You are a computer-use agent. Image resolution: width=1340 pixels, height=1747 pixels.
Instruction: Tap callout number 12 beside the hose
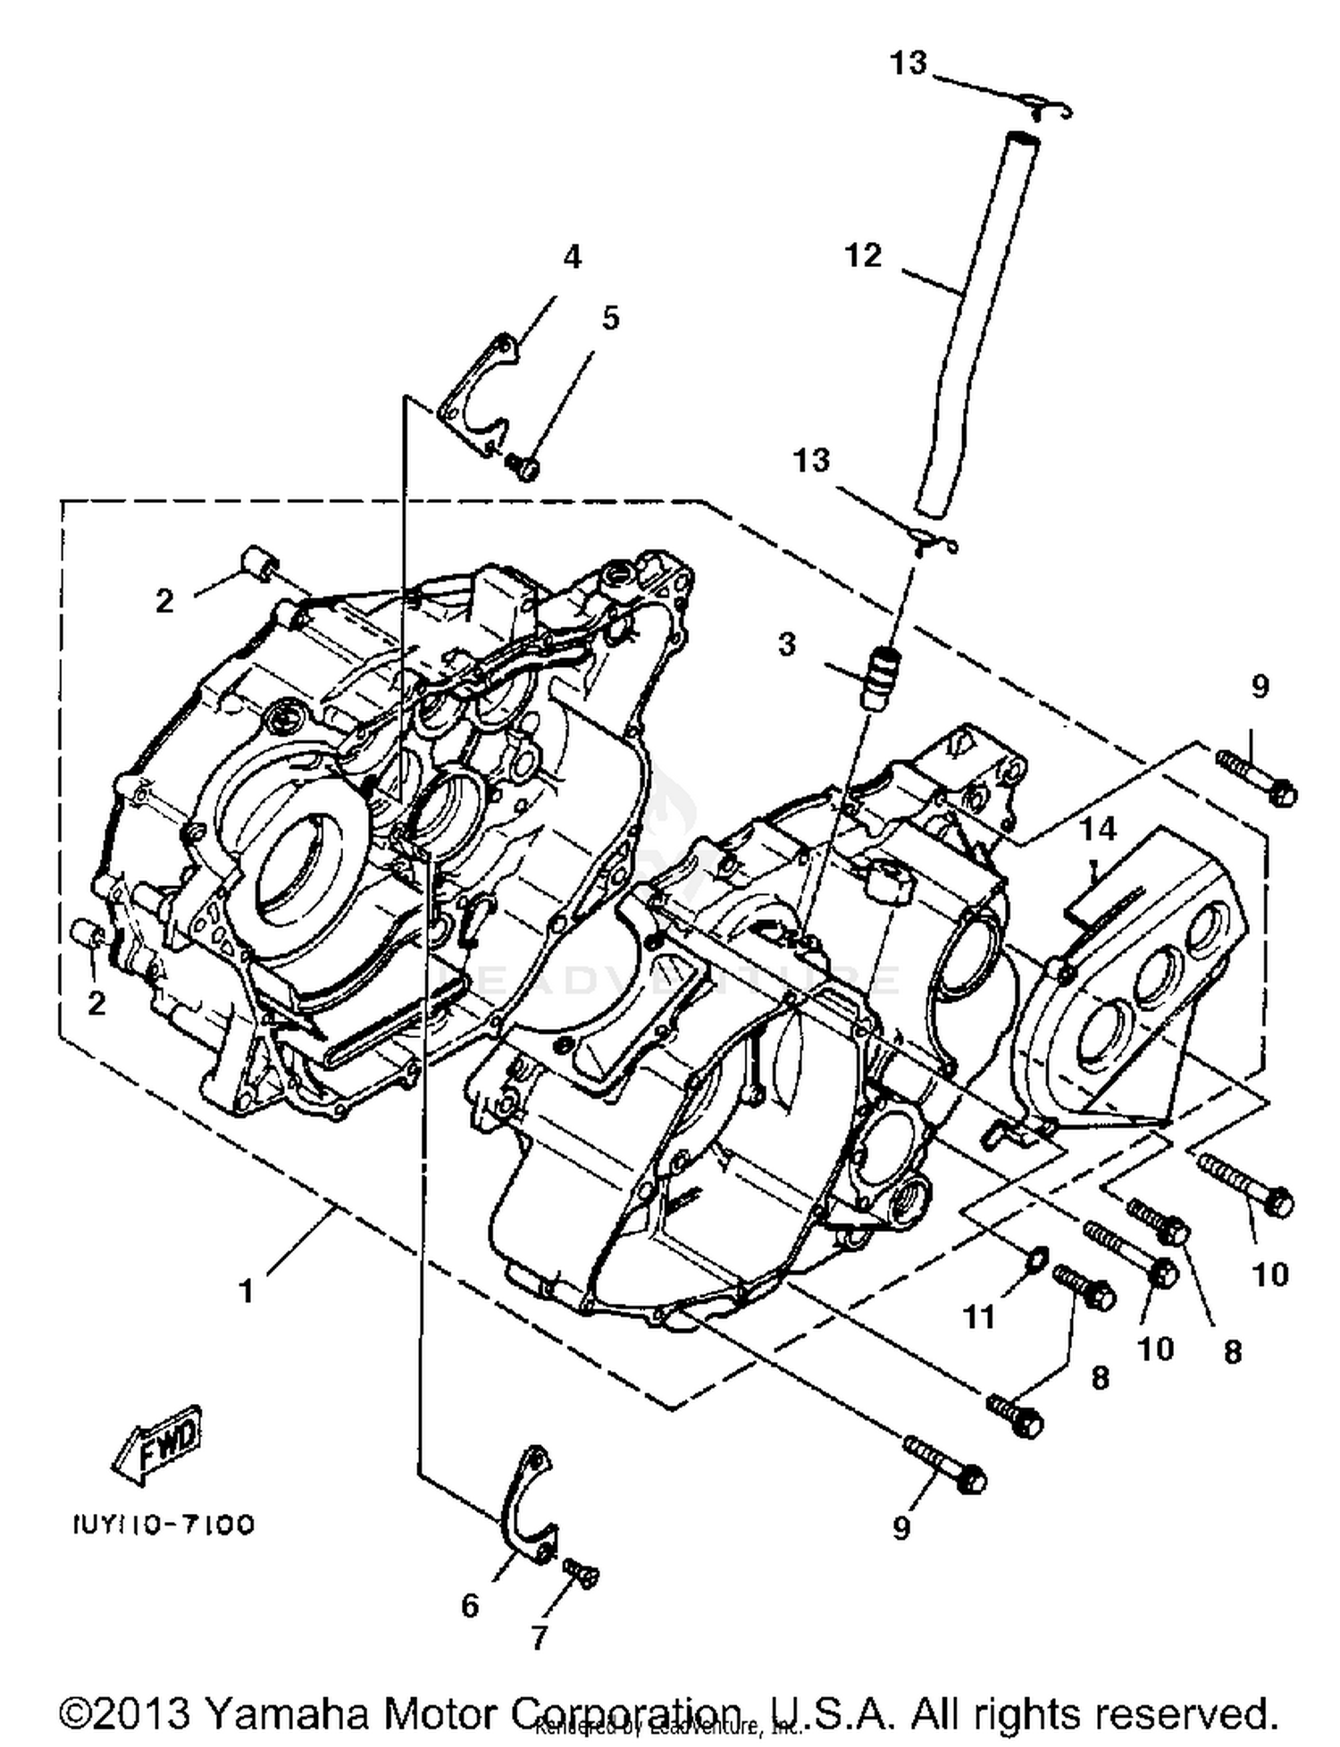click(x=863, y=256)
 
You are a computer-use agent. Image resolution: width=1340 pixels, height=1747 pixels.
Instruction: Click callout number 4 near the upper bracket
click(x=572, y=257)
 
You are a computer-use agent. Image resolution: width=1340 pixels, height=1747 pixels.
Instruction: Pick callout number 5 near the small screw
click(x=610, y=318)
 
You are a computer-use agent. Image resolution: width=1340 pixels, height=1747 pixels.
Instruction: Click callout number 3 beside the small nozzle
click(x=786, y=644)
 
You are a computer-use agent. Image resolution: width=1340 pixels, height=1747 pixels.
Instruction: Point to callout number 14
click(x=1097, y=829)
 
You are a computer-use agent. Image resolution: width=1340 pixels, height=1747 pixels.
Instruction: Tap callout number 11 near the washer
click(x=979, y=1316)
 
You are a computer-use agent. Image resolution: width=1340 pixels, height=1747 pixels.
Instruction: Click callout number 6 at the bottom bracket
click(x=470, y=1606)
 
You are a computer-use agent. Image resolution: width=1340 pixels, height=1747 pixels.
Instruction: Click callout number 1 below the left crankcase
click(x=247, y=1290)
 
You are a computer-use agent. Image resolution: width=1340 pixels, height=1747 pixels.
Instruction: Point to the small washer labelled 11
click(x=1034, y=1259)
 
